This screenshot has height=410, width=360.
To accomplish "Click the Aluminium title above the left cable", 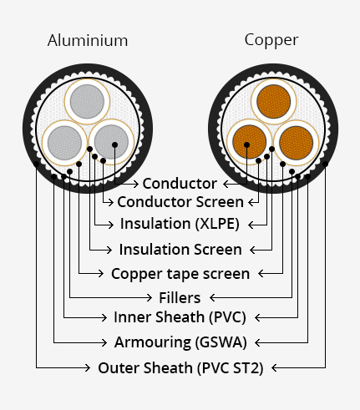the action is (x=88, y=41).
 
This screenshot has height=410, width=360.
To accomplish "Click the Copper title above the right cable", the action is (x=271, y=41).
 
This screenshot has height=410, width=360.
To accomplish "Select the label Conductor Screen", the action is (x=180, y=202).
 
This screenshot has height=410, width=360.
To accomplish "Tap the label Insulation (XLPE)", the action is (x=180, y=224).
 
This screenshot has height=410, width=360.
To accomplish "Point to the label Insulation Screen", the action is (x=180, y=250).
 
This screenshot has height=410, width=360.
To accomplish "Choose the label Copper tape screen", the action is (x=180, y=274).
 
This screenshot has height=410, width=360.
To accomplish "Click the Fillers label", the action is (x=180, y=298).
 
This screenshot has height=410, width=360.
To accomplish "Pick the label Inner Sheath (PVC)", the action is (x=180, y=317).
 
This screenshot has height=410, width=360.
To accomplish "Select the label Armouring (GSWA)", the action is (x=180, y=342).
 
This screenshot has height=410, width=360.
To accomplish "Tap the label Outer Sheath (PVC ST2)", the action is (x=180, y=368).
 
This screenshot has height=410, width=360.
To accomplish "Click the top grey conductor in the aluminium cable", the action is (x=87, y=102).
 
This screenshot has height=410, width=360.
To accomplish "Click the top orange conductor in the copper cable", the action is (x=274, y=102).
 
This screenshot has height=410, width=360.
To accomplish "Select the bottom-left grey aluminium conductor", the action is (x=64, y=143).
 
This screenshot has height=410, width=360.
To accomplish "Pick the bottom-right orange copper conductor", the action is (x=296, y=143).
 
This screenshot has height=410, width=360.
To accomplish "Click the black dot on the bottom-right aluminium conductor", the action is (x=114, y=144).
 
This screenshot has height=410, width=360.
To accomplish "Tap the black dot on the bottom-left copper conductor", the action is (x=246, y=144).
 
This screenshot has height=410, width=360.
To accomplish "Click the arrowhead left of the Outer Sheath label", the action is (x=88, y=368).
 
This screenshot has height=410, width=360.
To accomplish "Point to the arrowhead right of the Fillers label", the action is (x=213, y=298).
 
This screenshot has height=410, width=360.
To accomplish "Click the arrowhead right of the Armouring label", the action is (x=258, y=342).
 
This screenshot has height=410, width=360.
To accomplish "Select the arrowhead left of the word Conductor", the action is (x=135, y=184).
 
